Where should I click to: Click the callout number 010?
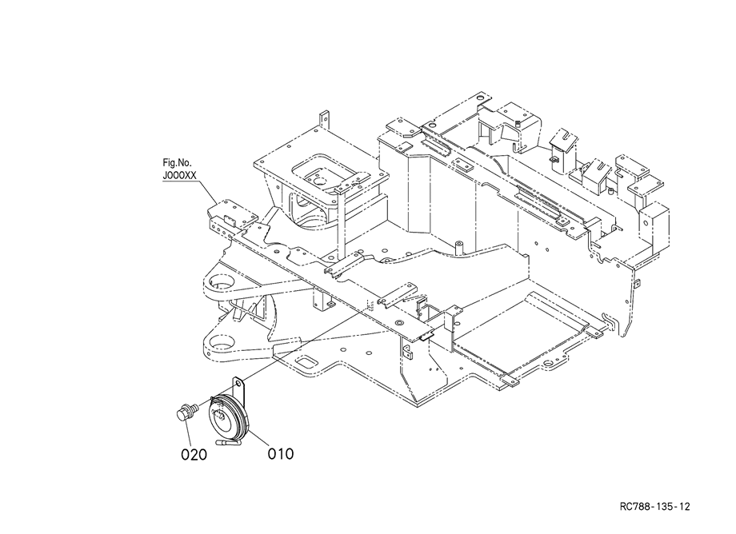(x=281, y=454)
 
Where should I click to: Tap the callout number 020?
(x=194, y=455)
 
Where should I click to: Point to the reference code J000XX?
(x=179, y=176)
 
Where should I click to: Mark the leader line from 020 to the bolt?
(x=189, y=432)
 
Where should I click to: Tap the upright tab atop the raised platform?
(x=324, y=121)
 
